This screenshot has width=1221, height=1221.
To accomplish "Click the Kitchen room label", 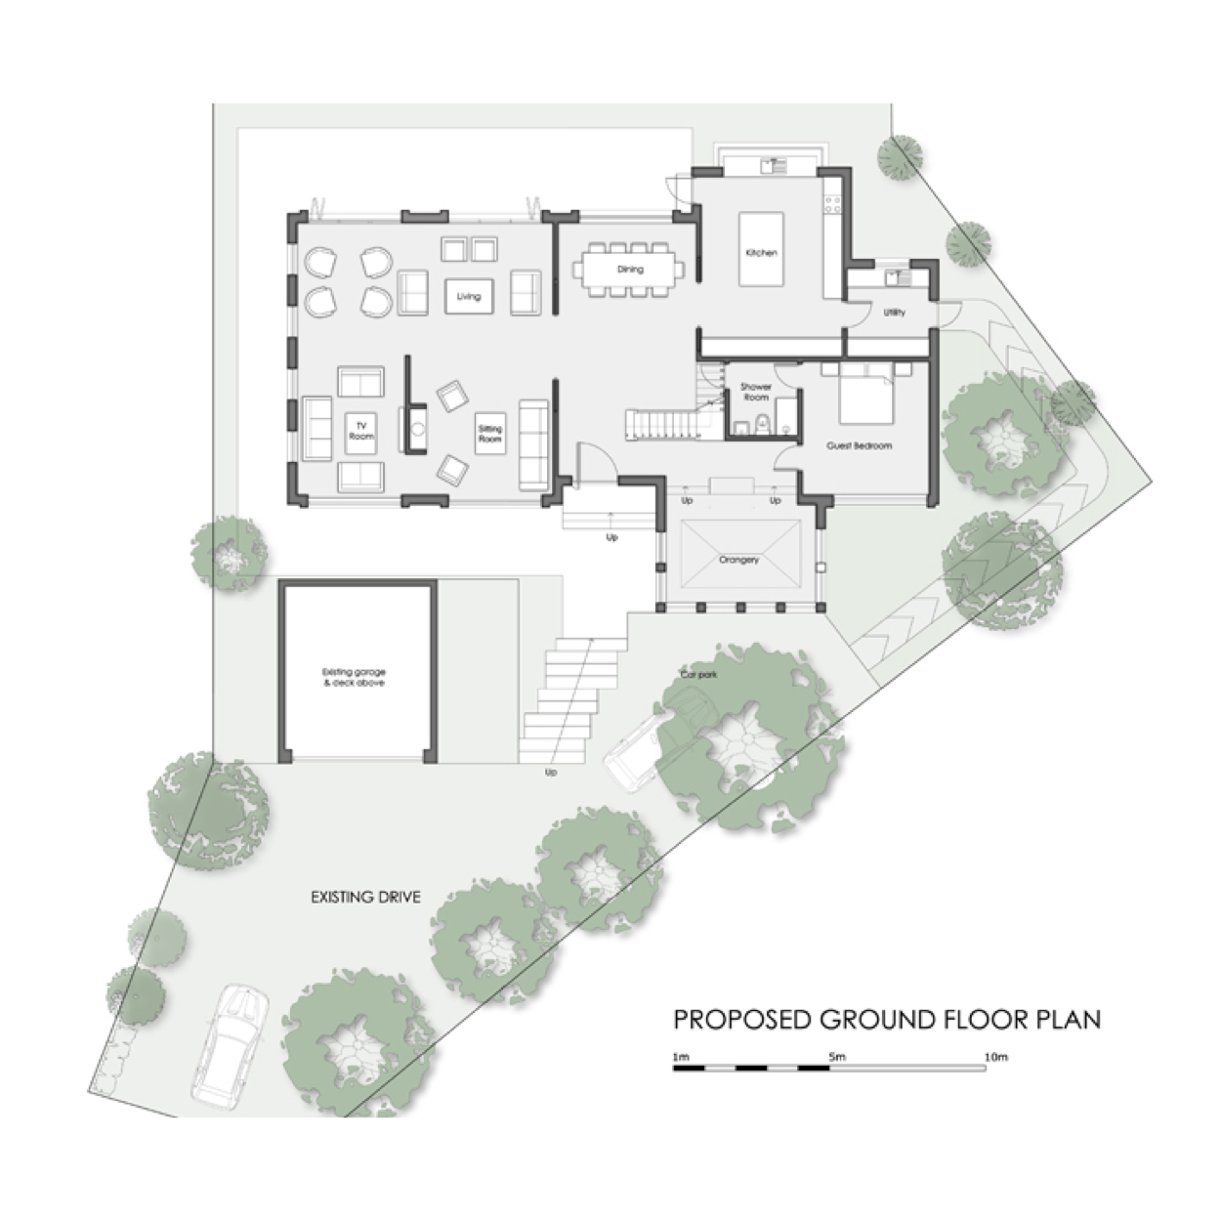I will [761, 253].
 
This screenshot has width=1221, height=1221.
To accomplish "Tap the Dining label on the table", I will [630, 269].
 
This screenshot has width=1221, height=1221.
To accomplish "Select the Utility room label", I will [894, 313].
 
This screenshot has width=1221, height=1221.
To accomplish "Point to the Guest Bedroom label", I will [859, 445].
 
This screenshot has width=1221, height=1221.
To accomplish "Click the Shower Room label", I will [755, 392].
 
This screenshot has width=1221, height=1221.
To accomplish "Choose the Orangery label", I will [738, 560].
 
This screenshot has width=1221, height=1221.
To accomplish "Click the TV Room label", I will [361, 431].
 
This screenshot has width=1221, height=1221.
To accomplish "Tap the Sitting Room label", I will [489, 434].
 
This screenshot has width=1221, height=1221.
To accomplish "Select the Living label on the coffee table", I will [469, 296].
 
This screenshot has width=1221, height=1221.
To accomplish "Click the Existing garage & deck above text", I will [354, 677].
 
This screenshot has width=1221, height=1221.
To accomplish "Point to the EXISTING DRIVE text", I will [365, 897].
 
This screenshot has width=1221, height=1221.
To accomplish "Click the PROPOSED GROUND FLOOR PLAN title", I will [887, 1020].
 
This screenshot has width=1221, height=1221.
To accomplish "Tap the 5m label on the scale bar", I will [836, 1057].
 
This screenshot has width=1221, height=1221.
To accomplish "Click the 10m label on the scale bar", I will [995, 1057].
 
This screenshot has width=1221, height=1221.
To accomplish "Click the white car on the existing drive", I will [230, 1045].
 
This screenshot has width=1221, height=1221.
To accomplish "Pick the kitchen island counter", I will [760, 249].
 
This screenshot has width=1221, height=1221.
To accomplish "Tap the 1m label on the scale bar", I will [681, 1057].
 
